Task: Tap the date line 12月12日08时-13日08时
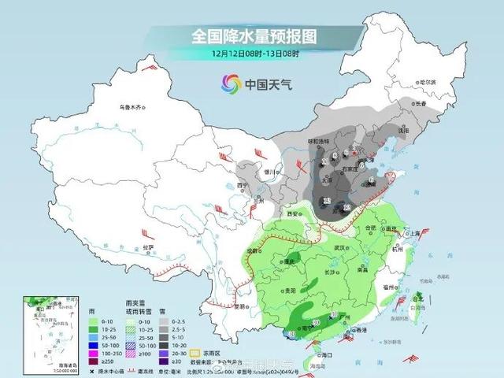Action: (x=250, y=54)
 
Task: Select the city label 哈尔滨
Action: (x=428, y=83)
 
